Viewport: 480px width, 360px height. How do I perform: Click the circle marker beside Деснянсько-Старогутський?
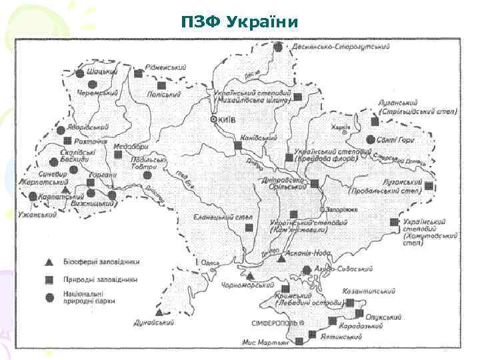(278, 47)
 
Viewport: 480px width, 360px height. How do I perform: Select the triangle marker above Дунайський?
(159, 311)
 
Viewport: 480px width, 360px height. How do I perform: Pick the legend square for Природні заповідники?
(50, 279)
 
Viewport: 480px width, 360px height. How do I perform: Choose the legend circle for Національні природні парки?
(50, 297)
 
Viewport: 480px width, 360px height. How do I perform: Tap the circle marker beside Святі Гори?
(370, 140)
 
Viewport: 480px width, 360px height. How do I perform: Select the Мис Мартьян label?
(266, 342)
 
